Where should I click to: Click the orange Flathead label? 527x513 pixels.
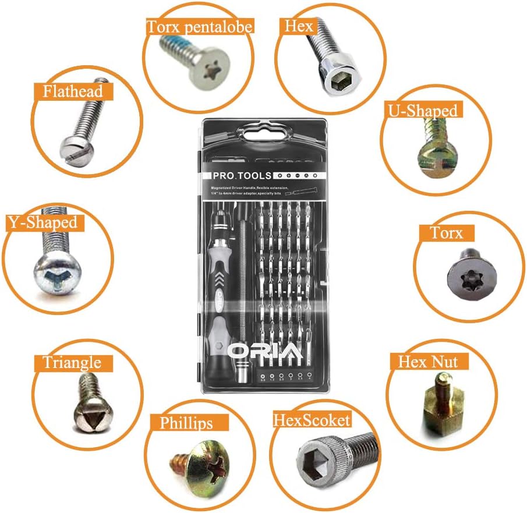point(73,91)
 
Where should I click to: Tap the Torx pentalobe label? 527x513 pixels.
point(199,26)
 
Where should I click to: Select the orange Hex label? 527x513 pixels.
point(299,26)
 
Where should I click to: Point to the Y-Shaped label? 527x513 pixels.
point(42,222)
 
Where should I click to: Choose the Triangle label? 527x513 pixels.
point(72,362)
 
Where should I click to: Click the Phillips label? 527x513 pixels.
point(186,422)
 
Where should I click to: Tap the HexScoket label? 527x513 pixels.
point(313,420)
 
